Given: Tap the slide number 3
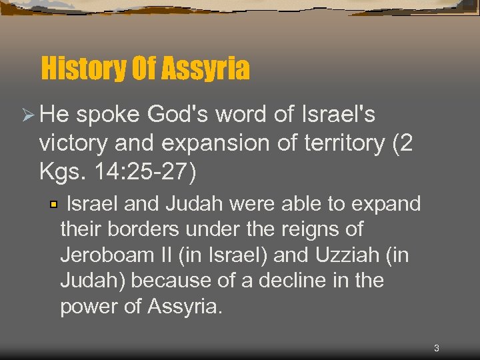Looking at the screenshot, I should (436, 348).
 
